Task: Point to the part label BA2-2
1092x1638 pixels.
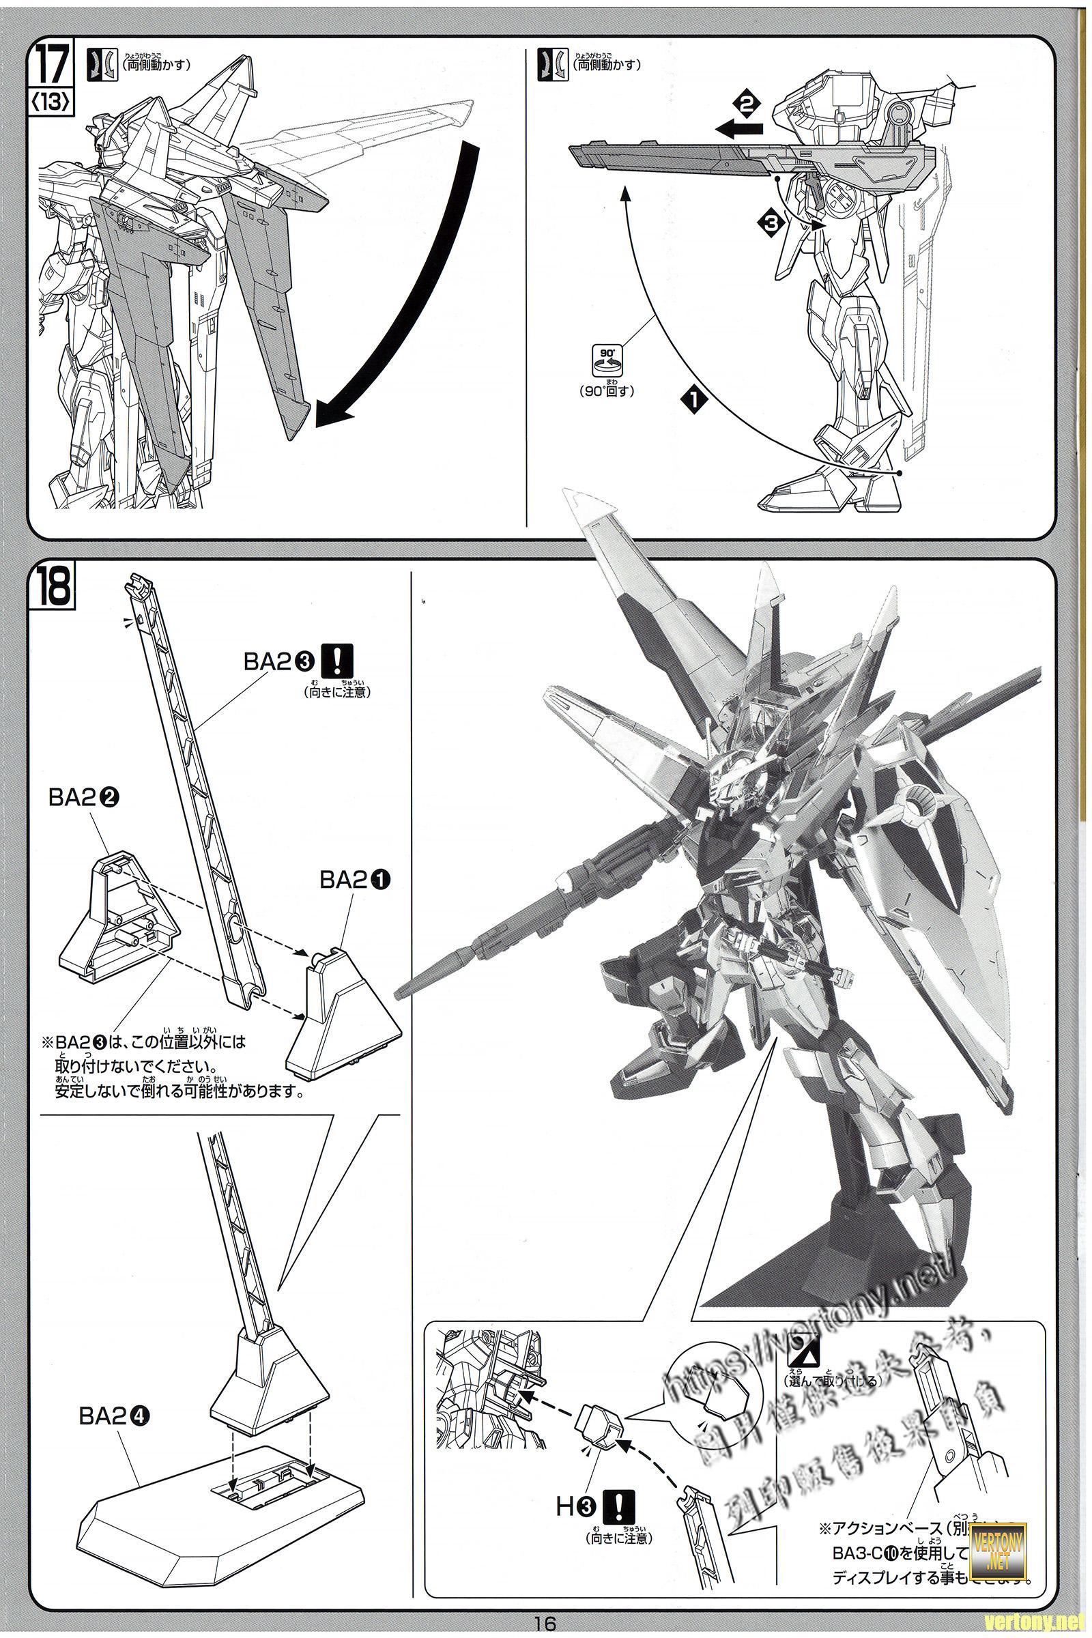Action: point(83,799)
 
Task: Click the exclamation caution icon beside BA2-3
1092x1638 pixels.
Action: point(344,659)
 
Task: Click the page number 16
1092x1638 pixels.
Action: point(545,1624)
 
